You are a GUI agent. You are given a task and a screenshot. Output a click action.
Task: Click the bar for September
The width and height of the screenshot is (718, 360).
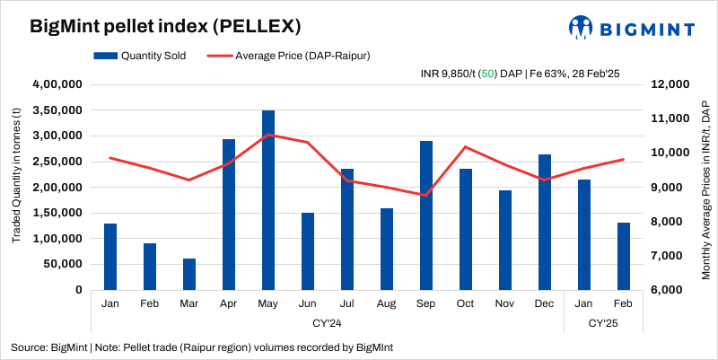[x=426, y=215]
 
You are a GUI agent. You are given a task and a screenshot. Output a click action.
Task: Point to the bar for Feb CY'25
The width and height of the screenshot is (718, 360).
[x=624, y=256]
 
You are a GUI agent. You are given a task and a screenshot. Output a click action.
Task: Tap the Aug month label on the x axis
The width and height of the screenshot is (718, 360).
[x=387, y=303]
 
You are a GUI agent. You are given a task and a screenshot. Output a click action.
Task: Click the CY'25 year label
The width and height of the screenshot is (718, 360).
[x=604, y=321]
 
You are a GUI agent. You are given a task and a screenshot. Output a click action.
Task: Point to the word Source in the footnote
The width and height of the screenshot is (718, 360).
[x=29, y=347]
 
